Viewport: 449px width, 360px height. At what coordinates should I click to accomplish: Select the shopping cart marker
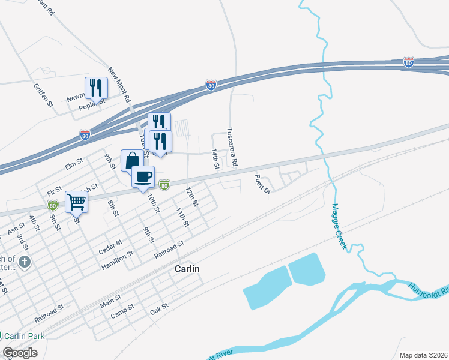coord(77,202)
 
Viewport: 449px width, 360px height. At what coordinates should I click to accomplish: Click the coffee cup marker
coord(143,176)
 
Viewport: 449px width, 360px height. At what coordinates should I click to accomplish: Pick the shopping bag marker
coord(132,161)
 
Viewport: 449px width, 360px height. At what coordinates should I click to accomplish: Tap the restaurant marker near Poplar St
coord(96,88)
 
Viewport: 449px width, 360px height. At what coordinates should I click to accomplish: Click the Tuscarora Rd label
coord(232,146)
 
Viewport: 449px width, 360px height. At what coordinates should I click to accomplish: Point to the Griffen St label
coord(44,95)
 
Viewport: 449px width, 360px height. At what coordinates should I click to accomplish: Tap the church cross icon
coord(25,262)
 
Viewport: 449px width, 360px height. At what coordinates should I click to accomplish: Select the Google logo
coord(20,353)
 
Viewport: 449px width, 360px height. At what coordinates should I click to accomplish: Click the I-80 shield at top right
coord(409,62)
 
